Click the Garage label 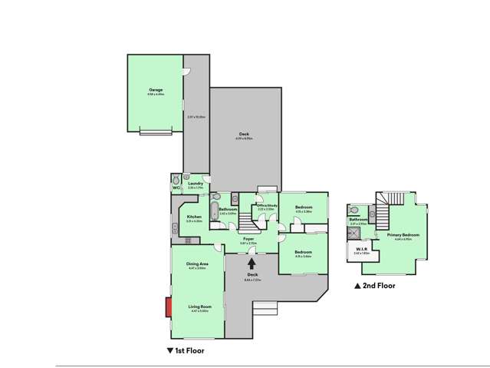[x=156, y=90]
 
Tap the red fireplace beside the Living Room [x=167, y=307]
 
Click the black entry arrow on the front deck [x=252, y=264]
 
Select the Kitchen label [x=194, y=217]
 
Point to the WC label [x=176, y=187]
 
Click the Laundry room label [x=195, y=183]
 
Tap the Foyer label [x=249, y=240]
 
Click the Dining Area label [x=198, y=264]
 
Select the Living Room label [x=200, y=307]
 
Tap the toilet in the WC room [x=176, y=179]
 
